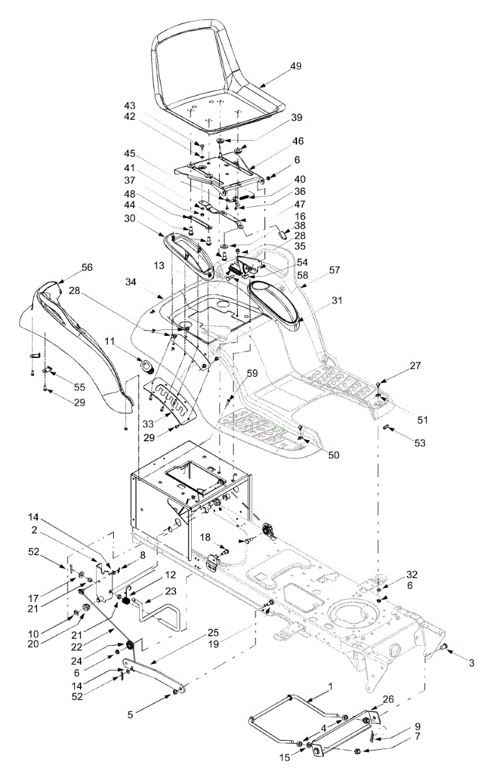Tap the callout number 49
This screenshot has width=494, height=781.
click(296, 66)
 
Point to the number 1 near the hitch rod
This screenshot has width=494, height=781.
click(330, 687)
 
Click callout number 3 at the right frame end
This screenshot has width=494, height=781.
click(472, 663)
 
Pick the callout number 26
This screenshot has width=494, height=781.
click(389, 700)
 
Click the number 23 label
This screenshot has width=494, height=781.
click(171, 592)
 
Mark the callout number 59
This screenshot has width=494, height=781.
click(252, 374)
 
